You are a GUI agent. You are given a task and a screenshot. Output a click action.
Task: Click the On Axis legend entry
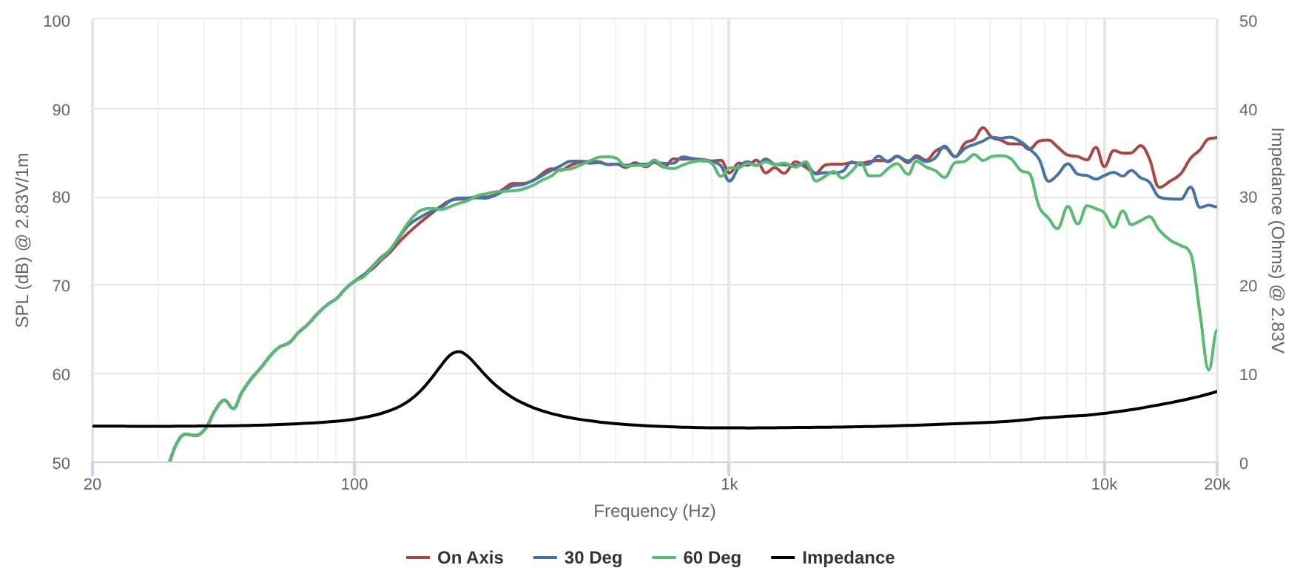(455, 558)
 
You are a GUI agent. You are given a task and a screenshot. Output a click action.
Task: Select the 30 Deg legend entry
(578, 558)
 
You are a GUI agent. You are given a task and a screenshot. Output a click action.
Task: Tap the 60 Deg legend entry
(697, 558)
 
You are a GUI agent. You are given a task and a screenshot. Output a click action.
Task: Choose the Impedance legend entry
(833, 558)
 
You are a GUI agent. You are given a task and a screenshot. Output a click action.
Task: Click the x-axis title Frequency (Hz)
(654, 511)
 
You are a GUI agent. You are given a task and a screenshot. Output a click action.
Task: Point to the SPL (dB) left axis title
(22, 240)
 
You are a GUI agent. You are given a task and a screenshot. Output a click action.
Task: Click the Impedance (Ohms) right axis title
(1277, 240)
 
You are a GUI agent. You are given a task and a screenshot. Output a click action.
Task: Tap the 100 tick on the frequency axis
(354, 484)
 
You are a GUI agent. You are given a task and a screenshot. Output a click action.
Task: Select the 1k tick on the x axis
(729, 484)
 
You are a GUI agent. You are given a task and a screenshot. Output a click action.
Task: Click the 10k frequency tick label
(1104, 484)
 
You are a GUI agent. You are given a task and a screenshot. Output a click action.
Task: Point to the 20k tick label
(1216, 484)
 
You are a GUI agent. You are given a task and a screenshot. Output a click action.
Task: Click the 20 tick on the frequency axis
(92, 484)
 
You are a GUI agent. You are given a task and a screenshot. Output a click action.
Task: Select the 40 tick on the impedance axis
(1248, 109)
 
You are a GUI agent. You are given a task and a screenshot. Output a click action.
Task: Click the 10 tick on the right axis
(1248, 374)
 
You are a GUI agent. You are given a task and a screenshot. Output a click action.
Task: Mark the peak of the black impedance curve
(459, 351)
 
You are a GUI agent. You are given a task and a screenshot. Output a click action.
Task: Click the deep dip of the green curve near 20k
(1208, 369)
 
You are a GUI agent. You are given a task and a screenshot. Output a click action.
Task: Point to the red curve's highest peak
(983, 128)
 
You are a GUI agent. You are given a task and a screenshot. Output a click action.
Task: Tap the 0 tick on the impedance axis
(1244, 463)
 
